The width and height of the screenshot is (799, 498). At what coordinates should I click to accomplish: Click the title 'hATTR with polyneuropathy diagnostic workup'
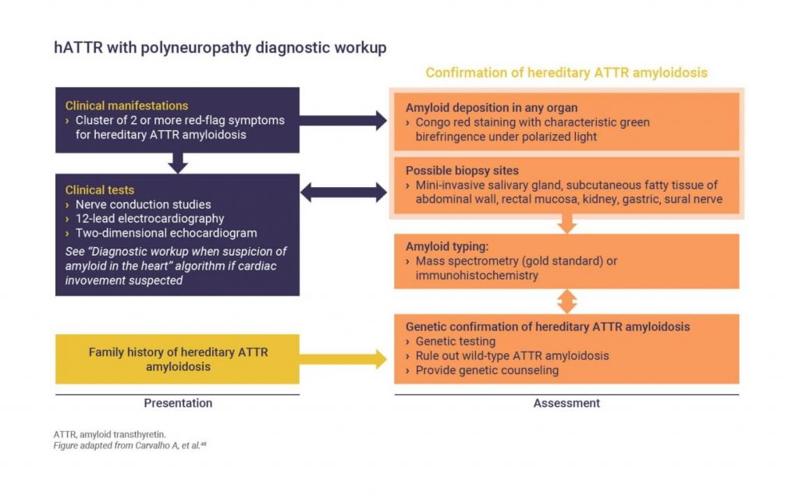click(x=220, y=48)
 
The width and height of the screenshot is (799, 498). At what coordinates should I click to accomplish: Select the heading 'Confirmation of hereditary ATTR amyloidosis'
click(x=566, y=72)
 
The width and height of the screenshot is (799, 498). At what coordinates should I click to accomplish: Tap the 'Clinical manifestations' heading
click(x=126, y=106)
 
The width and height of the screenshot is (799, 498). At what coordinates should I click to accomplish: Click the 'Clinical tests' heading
click(x=100, y=189)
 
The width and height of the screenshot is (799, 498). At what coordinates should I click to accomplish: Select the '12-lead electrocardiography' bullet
click(x=149, y=219)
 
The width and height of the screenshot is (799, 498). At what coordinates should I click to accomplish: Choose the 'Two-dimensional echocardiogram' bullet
click(x=165, y=233)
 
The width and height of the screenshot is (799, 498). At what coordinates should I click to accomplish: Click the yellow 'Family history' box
click(x=177, y=359)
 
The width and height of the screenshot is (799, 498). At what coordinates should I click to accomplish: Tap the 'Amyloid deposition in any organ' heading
click(x=491, y=108)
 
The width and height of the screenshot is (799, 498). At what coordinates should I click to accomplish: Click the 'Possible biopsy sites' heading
click(x=462, y=170)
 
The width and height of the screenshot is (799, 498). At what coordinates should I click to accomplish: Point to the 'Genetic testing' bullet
click(x=456, y=341)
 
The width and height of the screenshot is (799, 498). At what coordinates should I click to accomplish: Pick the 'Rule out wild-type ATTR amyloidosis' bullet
click(x=512, y=355)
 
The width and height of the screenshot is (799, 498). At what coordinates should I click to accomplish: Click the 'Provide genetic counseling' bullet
click(x=487, y=370)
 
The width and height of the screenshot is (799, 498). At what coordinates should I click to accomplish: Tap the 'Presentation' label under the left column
click(x=178, y=403)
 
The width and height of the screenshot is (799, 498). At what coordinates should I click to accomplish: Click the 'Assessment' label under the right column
click(x=566, y=403)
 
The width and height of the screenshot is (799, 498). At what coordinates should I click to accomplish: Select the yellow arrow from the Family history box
click(x=343, y=359)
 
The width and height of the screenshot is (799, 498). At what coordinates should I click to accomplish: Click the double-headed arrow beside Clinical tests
click(x=343, y=192)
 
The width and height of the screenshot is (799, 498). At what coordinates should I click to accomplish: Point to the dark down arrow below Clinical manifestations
click(x=178, y=163)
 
